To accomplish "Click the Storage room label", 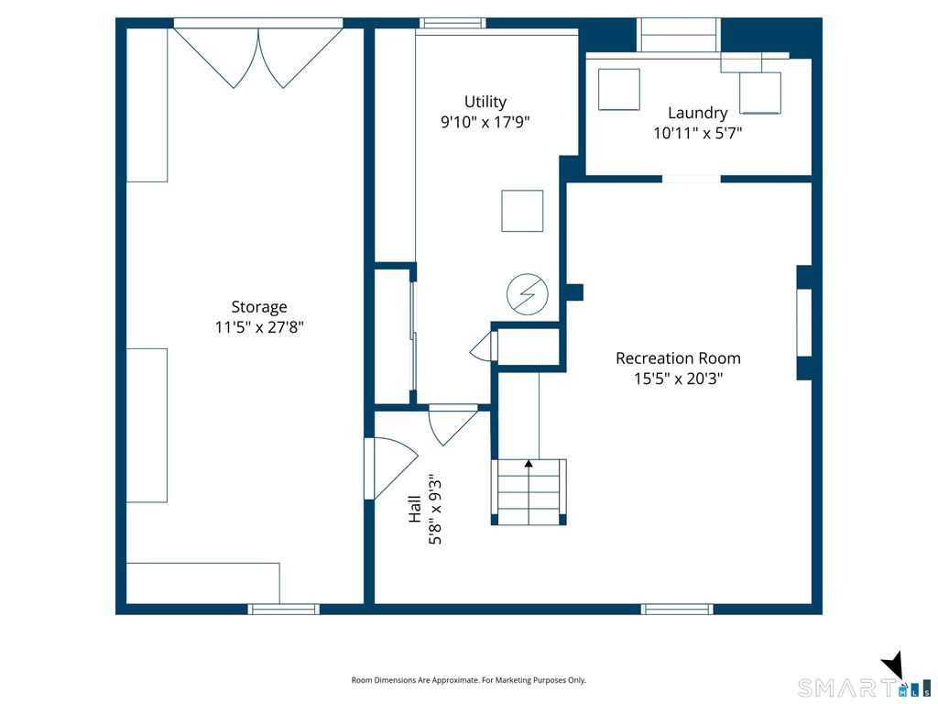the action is coord(259,306).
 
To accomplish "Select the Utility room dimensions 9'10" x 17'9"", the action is coord(485,122).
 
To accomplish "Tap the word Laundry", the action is coord(697,113).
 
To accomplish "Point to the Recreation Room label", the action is coord(678,358).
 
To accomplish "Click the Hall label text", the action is coord(415,509).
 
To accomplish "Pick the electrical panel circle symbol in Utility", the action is coord(527,294).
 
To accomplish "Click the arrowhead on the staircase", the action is coord(529,463).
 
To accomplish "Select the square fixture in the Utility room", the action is coord(522,211).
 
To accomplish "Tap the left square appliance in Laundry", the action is coord(619,90).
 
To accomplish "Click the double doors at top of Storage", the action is coord(258,56).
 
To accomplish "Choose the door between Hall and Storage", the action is coord(390,467).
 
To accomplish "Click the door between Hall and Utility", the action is coord(453,424).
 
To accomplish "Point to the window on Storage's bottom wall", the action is coord(284,609).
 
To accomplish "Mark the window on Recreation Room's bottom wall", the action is coord(677,609).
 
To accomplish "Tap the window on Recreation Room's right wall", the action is coord(804,324).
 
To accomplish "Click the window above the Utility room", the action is coord(453,23).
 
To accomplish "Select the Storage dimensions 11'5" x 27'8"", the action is coord(259,327).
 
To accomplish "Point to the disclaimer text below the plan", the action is coord(468,680).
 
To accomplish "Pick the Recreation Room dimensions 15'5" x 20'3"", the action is coord(679,379).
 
